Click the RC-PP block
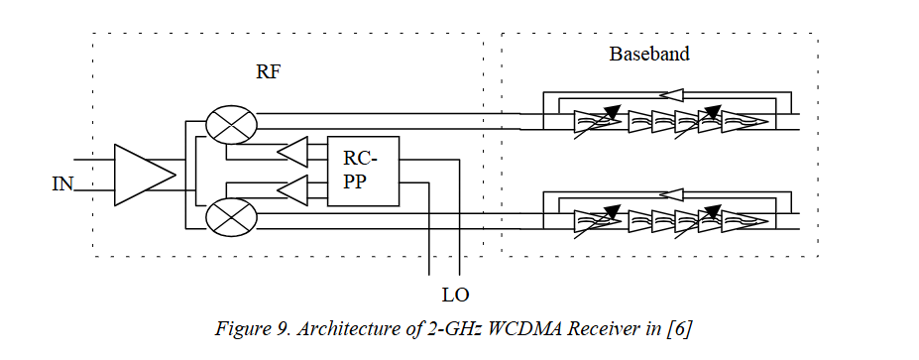point(364,172)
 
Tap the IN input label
point(62,184)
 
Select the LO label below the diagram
point(455,295)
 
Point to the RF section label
point(268,71)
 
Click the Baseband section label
point(649,54)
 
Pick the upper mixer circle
point(232,124)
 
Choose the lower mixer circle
point(232,217)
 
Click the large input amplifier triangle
point(145,175)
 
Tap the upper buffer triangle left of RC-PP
point(292,152)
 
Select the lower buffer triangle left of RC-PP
point(292,189)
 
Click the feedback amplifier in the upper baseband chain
point(670,94)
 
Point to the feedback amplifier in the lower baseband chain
point(670,193)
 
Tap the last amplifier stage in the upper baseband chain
point(745,121)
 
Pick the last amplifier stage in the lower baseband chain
point(745,220)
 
